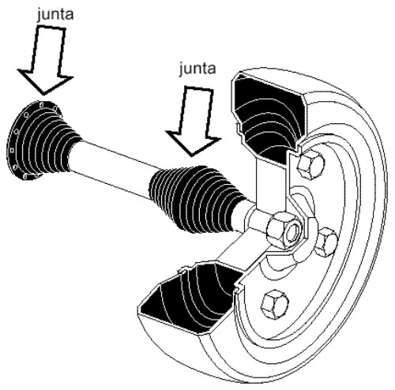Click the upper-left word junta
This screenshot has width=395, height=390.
55,14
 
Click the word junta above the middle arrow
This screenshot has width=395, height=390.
197,69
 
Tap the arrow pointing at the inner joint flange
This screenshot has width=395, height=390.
45,59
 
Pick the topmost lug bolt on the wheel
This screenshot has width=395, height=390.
310,165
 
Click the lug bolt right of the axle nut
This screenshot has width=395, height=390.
326,242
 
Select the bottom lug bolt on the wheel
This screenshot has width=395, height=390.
275,305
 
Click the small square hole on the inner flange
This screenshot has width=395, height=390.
12,150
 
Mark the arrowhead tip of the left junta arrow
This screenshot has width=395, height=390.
44,95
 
